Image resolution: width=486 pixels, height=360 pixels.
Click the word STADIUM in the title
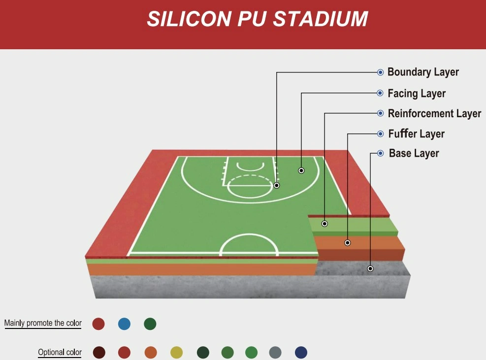(x=321, y=19)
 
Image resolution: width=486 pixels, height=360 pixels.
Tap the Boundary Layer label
(x=423, y=72)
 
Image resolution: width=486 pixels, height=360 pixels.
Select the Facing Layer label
(x=417, y=94)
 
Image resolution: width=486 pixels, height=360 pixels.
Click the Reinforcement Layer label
(x=435, y=113)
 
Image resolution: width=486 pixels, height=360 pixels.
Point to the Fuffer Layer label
(x=416, y=133)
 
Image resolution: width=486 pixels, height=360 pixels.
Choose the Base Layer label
(x=414, y=153)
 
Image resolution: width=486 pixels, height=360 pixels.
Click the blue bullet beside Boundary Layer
(x=380, y=72)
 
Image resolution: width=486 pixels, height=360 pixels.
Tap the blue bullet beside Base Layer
(x=381, y=153)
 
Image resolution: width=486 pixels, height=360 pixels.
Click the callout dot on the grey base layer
(x=370, y=268)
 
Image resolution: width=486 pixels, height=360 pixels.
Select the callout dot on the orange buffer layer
(x=348, y=242)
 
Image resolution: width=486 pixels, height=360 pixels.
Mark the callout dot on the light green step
(x=324, y=224)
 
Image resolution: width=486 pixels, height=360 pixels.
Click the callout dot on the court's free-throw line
(x=277, y=186)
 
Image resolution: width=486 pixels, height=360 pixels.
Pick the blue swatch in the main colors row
(x=124, y=324)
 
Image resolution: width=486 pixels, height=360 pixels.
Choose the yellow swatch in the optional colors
(x=177, y=353)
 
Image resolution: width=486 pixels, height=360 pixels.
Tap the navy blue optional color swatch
(x=301, y=353)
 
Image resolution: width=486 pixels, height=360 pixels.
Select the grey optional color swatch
(x=275, y=353)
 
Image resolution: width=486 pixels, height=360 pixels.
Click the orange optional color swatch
(x=151, y=353)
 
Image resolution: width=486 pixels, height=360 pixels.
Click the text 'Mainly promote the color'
(x=43, y=323)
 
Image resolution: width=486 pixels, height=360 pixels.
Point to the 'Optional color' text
(x=60, y=352)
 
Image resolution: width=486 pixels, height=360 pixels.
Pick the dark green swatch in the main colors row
(x=150, y=324)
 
